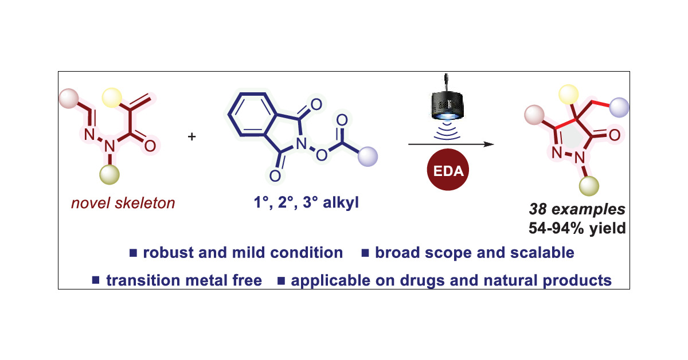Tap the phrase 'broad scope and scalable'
click(474, 252)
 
